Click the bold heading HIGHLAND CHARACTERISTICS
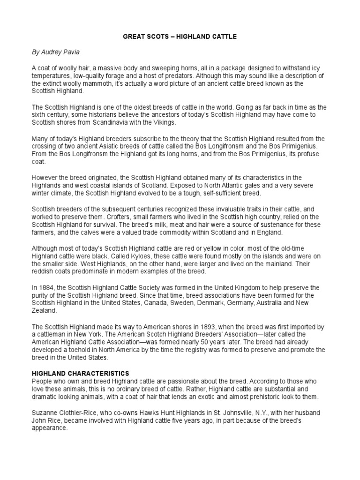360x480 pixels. pos(80,373)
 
